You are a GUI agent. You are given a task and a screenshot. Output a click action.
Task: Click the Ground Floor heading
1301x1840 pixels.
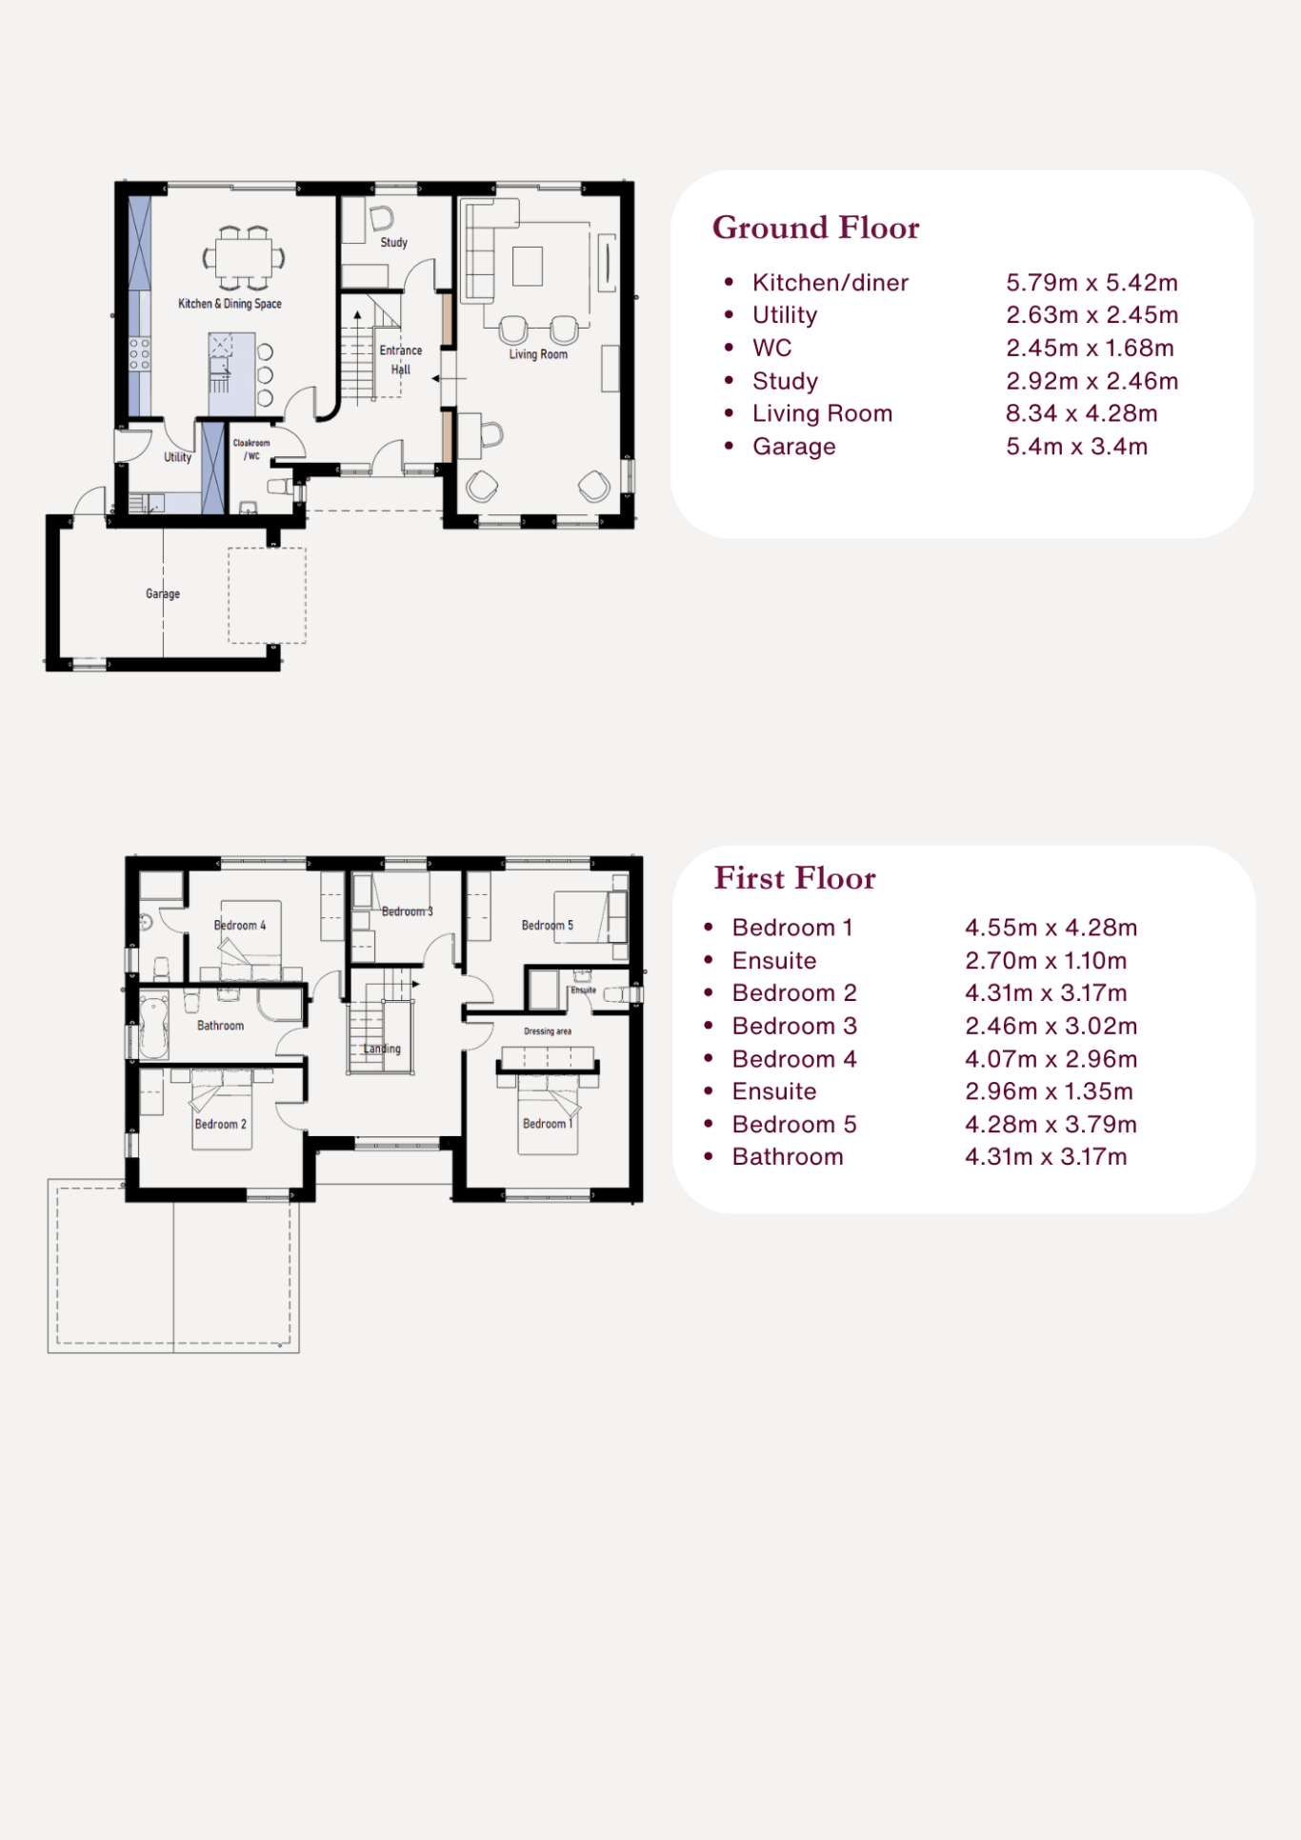(816, 228)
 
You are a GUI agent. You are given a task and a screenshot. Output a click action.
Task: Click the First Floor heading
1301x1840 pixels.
(795, 878)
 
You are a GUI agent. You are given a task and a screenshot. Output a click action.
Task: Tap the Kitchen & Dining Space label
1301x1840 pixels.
(230, 304)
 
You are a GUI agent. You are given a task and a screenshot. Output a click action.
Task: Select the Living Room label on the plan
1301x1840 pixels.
(538, 354)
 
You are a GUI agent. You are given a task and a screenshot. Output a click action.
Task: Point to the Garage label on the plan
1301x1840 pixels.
(163, 593)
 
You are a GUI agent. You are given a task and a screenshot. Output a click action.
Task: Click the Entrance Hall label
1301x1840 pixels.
(401, 360)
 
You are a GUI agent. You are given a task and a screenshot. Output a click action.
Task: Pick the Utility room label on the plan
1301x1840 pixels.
(178, 457)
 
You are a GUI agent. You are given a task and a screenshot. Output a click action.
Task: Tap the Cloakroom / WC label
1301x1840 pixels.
(251, 450)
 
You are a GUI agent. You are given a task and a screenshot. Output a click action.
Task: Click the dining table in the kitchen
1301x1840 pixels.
(244, 257)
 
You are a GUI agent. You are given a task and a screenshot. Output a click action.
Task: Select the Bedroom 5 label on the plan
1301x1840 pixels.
(548, 925)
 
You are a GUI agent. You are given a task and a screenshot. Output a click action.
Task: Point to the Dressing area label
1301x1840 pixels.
(548, 1031)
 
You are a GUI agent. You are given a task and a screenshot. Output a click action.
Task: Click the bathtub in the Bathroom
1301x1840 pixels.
(154, 1025)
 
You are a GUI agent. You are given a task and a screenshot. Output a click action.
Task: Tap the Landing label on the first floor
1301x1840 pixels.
(382, 1049)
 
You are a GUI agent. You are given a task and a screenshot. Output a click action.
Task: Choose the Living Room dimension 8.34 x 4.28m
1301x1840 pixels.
(1082, 413)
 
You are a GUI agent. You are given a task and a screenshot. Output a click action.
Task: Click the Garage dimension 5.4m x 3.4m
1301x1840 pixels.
(1077, 447)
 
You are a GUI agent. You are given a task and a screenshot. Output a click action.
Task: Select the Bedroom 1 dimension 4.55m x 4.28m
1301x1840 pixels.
(1051, 928)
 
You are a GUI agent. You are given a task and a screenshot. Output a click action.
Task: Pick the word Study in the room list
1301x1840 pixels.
(786, 382)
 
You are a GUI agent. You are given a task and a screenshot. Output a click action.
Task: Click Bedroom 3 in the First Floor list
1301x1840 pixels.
(795, 1026)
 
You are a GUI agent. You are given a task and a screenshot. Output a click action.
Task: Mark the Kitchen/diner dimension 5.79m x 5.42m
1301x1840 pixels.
(1092, 283)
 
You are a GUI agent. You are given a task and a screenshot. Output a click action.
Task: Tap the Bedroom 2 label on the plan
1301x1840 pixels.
(221, 1124)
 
